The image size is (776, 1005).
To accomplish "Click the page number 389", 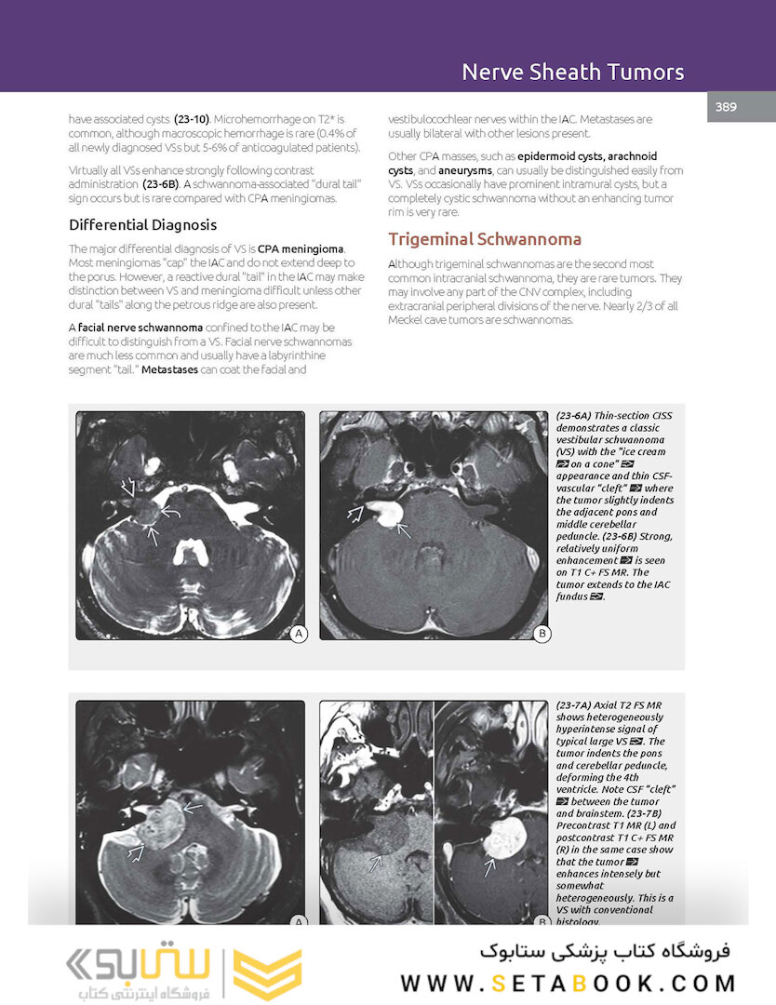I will point(726,107).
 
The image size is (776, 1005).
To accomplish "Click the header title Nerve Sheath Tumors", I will point(572,72).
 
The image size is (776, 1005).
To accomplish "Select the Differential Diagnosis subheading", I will point(142,225).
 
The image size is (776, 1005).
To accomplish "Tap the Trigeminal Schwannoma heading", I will point(485,239).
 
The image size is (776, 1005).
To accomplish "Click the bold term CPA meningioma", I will point(301,249).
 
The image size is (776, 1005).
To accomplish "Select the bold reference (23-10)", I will point(194,120).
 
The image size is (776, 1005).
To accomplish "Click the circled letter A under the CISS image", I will point(299,634).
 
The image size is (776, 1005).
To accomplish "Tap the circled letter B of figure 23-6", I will point(542,634).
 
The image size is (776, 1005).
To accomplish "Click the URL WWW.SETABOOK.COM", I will point(568,983).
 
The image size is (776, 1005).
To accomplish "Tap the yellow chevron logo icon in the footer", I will point(267,974).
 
